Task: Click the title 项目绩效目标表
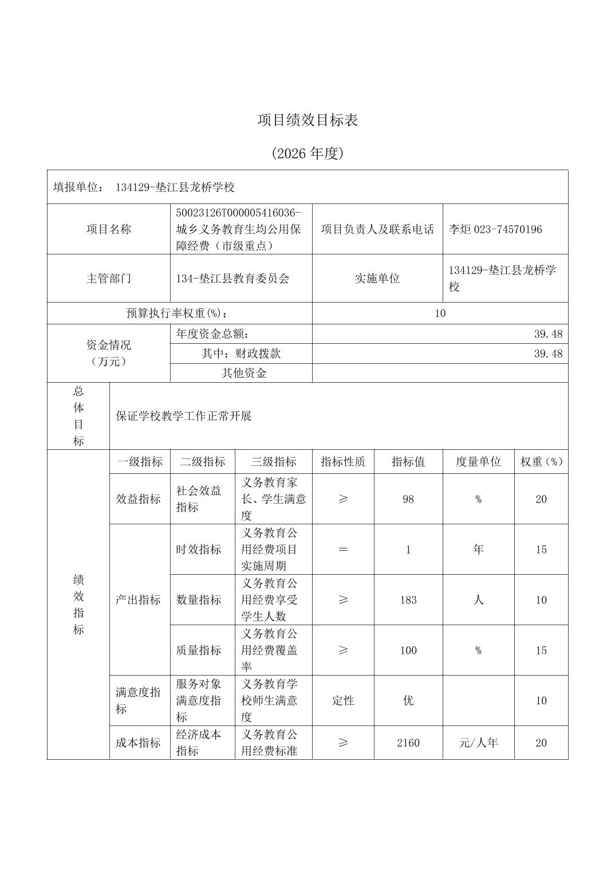coord(307,120)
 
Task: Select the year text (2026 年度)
coord(307,154)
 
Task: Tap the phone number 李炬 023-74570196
coord(495,229)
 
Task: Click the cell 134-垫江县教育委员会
coord(232,278)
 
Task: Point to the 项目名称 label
coord(109,229)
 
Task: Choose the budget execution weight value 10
coord(440,313)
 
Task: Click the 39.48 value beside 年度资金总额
coord(548,334)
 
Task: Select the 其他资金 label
coord(244,373)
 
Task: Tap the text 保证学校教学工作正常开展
coord(184,416)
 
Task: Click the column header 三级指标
coord(273,462)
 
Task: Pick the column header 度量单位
coord(478,462)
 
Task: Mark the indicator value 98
coord(408,499)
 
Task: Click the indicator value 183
coord(408,600)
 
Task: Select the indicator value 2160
coord(408,743)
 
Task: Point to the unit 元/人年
coord(478,743)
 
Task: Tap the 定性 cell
coord(343,700)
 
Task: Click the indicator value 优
coord(408,700)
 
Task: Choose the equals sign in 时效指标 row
coord(343,550)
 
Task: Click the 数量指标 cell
coord(199,600)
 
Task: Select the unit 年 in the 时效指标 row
coord(478,550)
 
